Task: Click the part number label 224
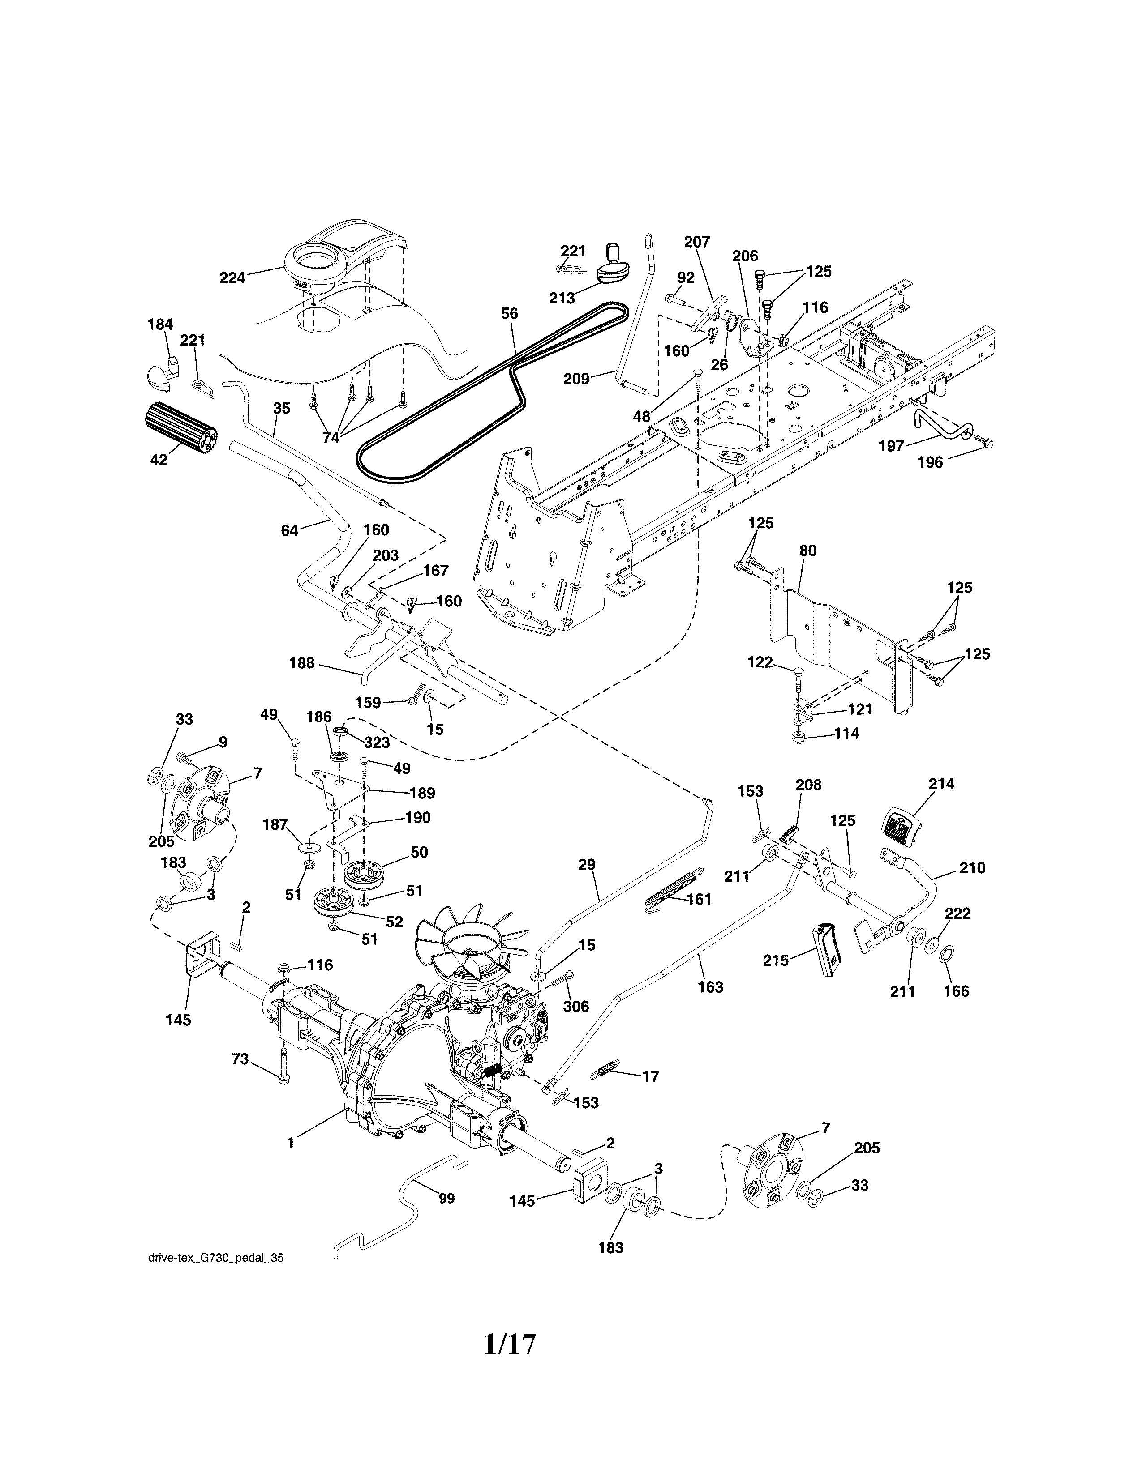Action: click(232, 277)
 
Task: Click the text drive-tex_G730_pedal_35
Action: click(215, 1258)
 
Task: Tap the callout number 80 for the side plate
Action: click(808, 551)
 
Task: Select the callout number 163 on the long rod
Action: click(710, 987)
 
